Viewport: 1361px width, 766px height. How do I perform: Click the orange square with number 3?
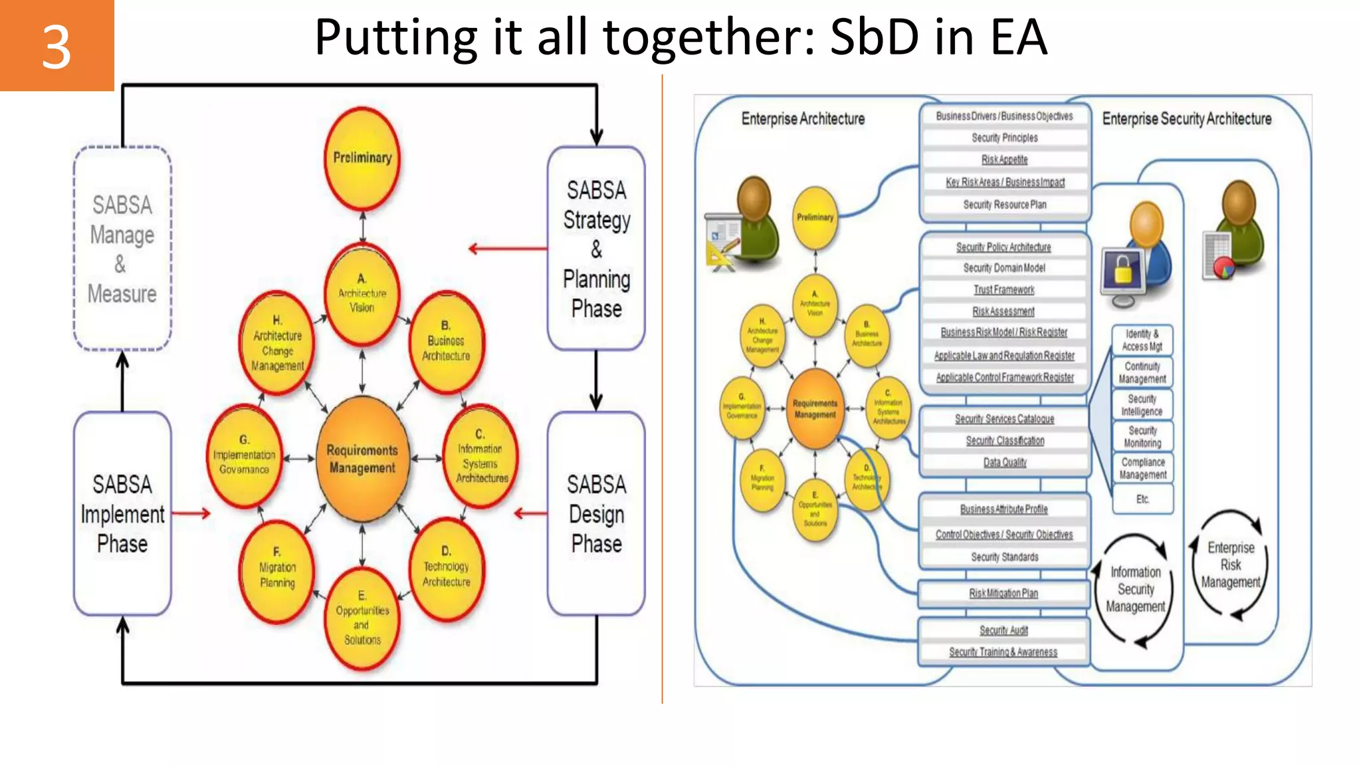[56, 45]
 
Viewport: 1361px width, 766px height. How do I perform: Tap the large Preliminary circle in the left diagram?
[362, 158]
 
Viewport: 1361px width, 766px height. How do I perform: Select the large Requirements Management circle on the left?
[362, 459]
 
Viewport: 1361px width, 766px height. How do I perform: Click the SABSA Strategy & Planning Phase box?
[596, 249]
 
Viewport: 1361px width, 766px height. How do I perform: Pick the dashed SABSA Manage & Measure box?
[122, 249]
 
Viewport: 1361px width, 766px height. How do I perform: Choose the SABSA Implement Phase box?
[122, 513]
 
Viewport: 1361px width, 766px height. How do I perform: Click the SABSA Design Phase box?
[596, 513]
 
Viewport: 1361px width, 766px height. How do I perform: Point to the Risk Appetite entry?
[1004, 160]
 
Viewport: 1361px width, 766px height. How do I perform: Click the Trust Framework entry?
[1004, 290]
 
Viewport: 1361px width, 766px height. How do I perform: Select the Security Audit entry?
[1003, 630]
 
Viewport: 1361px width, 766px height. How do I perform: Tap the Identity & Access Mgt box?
[1142, 340]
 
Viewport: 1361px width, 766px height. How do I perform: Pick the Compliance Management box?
[1142, 468]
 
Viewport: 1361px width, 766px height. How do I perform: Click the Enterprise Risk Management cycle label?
[1231, 565]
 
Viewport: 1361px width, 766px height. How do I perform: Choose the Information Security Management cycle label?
[1135, 589]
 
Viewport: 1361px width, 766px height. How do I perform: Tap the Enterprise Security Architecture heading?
[1187, 119]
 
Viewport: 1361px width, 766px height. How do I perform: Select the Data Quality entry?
[1005, 462]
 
